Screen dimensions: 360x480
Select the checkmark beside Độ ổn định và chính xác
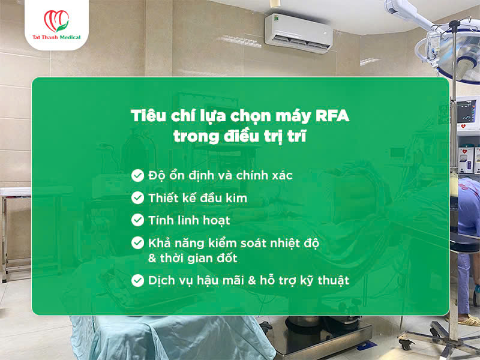click(137, 176)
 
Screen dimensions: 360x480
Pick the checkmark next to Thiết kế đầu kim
click(137, 198)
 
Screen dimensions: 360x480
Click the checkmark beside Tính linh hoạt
click(137, 220)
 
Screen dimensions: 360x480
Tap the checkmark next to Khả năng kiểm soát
click(137, 243)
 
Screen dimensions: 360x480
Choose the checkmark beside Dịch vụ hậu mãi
click(137, 280)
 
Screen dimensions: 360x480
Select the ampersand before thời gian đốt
click(152, 258)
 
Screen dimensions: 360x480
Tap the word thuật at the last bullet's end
click(331, 281)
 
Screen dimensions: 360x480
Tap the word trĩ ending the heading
click(296, 136)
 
